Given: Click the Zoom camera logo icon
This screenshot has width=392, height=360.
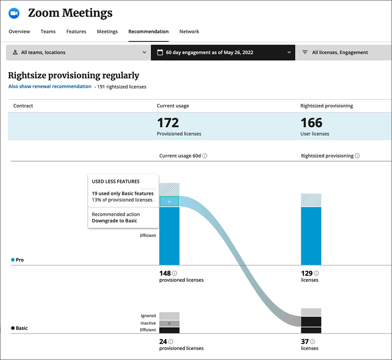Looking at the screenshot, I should point(14,14).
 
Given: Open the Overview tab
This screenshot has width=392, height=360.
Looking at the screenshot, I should point(20,32).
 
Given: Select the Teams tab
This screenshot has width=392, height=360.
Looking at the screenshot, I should point(48,32).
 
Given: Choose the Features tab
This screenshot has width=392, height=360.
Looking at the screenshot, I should point(76,32).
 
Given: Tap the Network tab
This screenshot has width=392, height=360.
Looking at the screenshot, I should point(189,32).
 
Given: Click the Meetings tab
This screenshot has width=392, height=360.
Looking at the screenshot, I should point(107,32).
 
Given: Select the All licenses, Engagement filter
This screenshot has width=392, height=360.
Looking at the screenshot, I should point(340,53).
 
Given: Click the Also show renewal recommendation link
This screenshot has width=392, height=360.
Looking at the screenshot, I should point(50,87).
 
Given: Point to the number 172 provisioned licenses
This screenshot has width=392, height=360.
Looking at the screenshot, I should point(168,123).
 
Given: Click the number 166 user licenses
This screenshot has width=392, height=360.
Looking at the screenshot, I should point(311,123).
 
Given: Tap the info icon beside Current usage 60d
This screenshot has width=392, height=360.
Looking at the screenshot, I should point(205,156).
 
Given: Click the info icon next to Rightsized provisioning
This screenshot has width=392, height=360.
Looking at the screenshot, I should point(357,156).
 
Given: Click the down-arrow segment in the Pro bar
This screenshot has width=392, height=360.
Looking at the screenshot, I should point(169,201).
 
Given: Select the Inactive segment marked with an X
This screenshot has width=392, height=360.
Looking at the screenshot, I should point(169,324).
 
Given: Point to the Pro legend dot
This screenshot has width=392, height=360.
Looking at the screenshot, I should point(13,260).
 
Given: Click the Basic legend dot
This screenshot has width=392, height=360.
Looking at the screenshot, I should point(13,328).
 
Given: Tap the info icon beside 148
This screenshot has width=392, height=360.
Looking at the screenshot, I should point(175,273).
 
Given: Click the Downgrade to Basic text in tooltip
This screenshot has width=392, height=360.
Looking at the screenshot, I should point(114,221).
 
